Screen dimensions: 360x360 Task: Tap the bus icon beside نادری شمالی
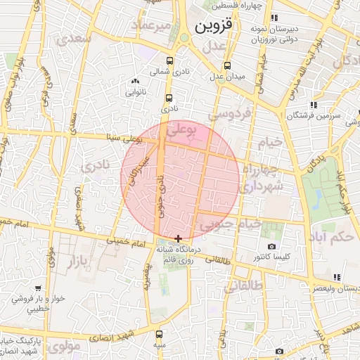pos(169,60)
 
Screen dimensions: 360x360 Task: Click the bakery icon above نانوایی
pos(134,82)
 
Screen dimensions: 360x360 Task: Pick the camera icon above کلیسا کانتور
pos(272,247)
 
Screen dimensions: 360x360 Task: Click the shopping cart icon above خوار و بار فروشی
pos(37,288)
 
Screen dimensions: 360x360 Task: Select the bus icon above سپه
pos(160,334)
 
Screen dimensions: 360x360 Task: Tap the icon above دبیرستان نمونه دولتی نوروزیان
pos(274,17)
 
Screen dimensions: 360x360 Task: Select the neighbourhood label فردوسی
pos(226,113)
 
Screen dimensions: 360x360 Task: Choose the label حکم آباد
pos(330,237)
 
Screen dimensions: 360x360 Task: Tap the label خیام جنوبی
pos(231,224)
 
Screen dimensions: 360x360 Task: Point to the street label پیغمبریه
pos(147,275)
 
